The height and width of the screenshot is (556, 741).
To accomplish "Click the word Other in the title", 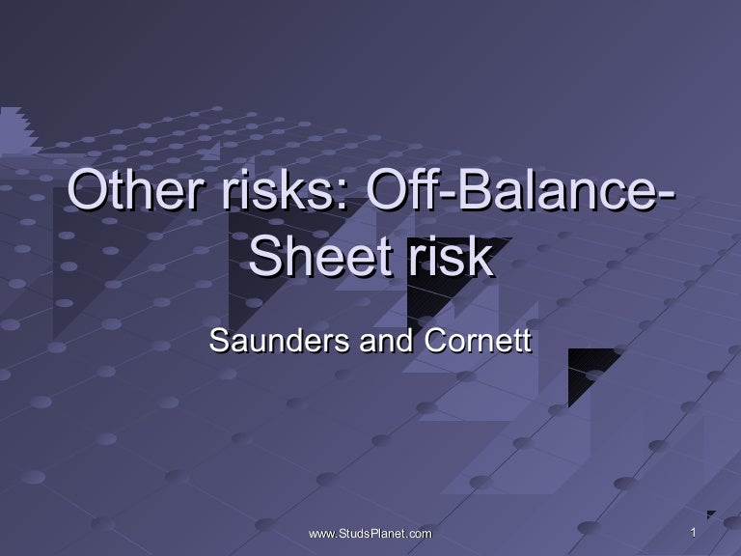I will point(131,189).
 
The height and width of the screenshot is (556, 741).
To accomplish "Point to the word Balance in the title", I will point(550,189).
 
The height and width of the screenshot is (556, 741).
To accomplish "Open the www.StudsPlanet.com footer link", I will point(370,534).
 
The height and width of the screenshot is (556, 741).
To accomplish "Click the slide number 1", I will point(693,533).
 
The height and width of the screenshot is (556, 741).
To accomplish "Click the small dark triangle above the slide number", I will point(710,514).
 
